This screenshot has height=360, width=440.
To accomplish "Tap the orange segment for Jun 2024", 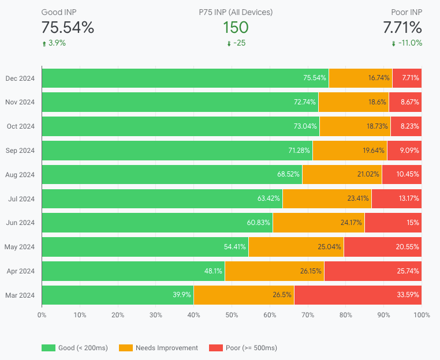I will click(318, 223).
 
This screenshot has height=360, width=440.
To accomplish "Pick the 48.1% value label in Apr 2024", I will click(213, 271).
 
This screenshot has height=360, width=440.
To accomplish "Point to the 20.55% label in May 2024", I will click(407, 247).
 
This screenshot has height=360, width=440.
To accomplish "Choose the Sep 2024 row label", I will click(21, 151).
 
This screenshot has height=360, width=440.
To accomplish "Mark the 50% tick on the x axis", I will click(232, 315).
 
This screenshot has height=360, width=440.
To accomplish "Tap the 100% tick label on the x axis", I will click(421, 315).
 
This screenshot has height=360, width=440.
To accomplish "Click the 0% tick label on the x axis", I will click(42, 315).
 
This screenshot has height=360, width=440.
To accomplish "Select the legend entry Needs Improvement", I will click(166, 348).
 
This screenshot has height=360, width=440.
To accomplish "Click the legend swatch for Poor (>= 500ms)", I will click(216, 348).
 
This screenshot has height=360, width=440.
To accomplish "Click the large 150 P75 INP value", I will click(236, 27).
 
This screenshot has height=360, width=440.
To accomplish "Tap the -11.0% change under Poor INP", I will click(410, 43).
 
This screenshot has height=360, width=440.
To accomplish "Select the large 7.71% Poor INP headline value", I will click(402, 27).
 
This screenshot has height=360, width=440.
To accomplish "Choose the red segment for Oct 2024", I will click(406, 126).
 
